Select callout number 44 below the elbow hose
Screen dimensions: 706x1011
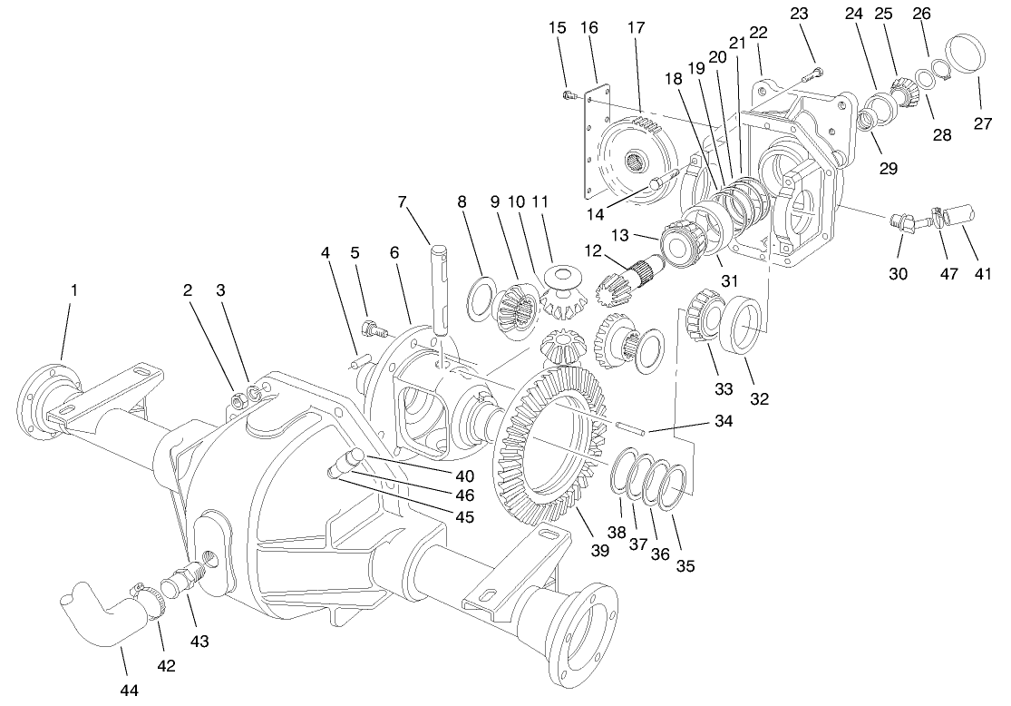tap(130, 691)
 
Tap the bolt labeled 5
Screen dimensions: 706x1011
tap(370, 328)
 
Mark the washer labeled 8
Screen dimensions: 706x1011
tap(481, 300)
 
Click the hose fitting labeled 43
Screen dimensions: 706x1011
tap(185, 577)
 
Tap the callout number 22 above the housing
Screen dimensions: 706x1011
tap(758, 33)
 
